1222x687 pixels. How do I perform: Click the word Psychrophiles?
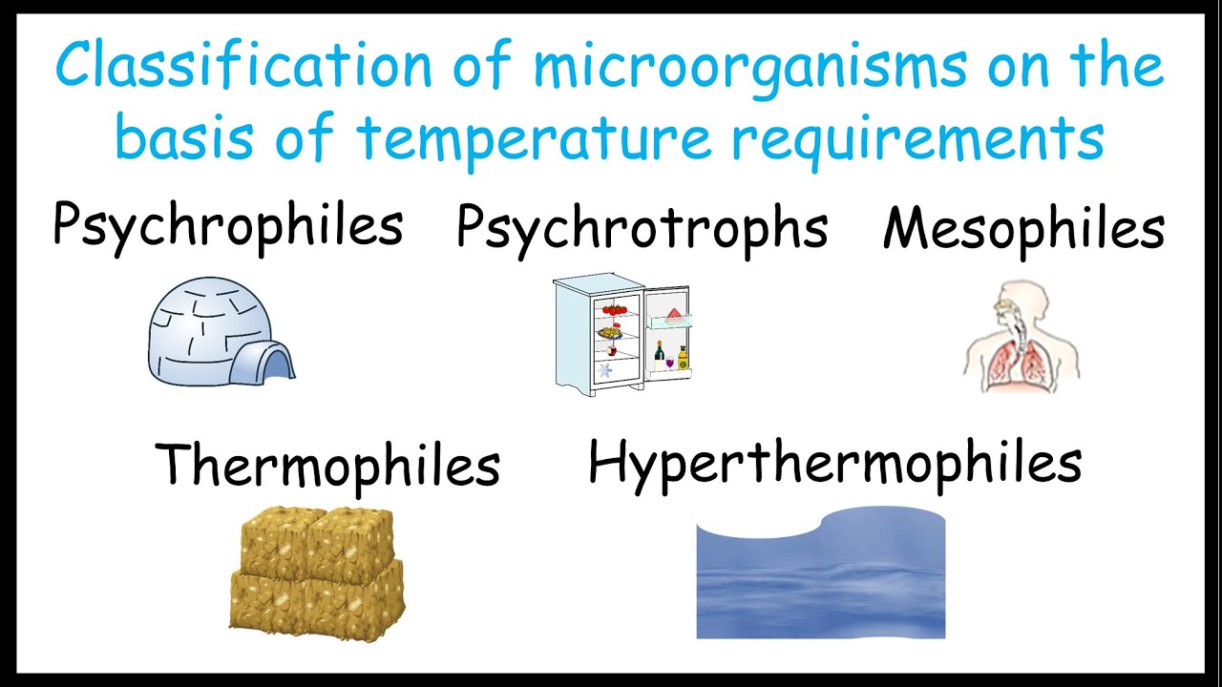[x=227, y=226]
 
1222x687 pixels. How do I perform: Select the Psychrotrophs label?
[x=642, y=228]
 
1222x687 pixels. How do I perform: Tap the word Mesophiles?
[x=1023, y=229]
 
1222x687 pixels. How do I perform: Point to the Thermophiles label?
[x=327, y=465]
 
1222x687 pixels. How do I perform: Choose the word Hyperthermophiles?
[x=834, y=463]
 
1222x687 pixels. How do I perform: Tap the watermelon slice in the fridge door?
[x=673, y=314]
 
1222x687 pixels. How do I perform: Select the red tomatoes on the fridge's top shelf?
[x=615, y=308]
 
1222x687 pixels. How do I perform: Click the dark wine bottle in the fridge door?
[x=659, y=354]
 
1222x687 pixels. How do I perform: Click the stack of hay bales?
[x=316, y=569]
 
